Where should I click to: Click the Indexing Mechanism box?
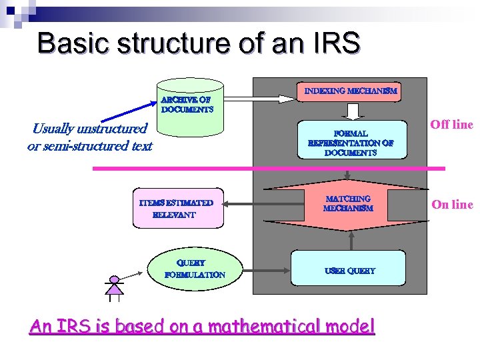[351, 91]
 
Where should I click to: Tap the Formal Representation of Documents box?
[351, 139]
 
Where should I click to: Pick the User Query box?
[349, 270]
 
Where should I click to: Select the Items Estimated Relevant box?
[176, 208]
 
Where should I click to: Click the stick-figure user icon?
[115, 287]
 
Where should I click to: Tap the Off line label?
[451, 124]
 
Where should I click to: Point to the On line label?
[452, 205]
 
